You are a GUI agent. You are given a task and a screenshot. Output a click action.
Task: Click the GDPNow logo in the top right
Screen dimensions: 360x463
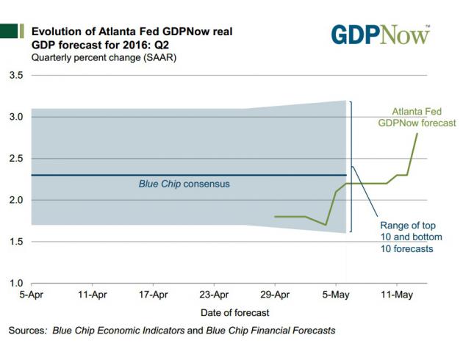[x=380, y=34]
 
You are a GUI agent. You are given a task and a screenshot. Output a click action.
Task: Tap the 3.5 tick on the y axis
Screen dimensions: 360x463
[x=17, y=76]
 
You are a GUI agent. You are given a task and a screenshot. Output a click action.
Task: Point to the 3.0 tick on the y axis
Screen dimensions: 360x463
[x=17, y=117]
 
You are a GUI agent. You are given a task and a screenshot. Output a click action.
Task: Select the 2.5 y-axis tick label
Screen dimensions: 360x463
[x=17, y=159]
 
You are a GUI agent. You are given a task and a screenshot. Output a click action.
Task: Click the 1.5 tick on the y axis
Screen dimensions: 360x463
[x=17, y=242]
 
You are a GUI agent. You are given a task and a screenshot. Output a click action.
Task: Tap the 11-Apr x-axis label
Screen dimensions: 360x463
[x=92, y=294]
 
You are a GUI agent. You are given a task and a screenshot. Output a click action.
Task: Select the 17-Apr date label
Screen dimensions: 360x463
[x=153, y=294]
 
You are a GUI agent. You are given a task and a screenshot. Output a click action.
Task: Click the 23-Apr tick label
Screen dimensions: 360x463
[x=214, y=294]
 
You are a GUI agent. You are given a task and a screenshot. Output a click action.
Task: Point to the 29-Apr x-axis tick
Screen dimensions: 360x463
[x=275, y=294]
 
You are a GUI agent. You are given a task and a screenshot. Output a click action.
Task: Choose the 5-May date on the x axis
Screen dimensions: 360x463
[x=336, y=294]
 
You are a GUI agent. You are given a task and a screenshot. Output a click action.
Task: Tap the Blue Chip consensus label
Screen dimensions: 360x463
[x=184, y=184]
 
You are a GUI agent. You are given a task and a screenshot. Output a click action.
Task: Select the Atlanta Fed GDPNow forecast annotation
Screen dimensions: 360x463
[x=417, y=117]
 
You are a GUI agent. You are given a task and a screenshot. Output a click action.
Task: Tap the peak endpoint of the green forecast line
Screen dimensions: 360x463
[x=417, y=134]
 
